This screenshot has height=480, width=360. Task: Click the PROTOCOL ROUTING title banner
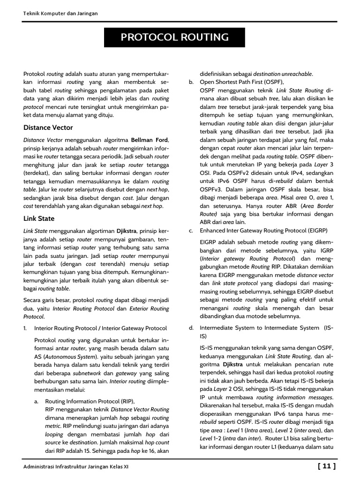click(x=175, y=37)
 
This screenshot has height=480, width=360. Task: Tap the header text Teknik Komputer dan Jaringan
click(x=60, y=14)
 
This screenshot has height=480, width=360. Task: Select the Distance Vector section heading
click(x=48, y=127)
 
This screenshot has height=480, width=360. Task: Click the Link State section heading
click(x=39, y=218)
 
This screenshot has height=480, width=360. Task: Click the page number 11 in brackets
click(x=327, y=465)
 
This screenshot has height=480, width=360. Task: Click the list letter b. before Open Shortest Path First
click(x=191, y=82)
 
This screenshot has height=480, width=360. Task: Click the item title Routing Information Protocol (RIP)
click(x=90, y=401)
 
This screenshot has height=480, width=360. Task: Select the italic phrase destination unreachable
click(x=283, y=74)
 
